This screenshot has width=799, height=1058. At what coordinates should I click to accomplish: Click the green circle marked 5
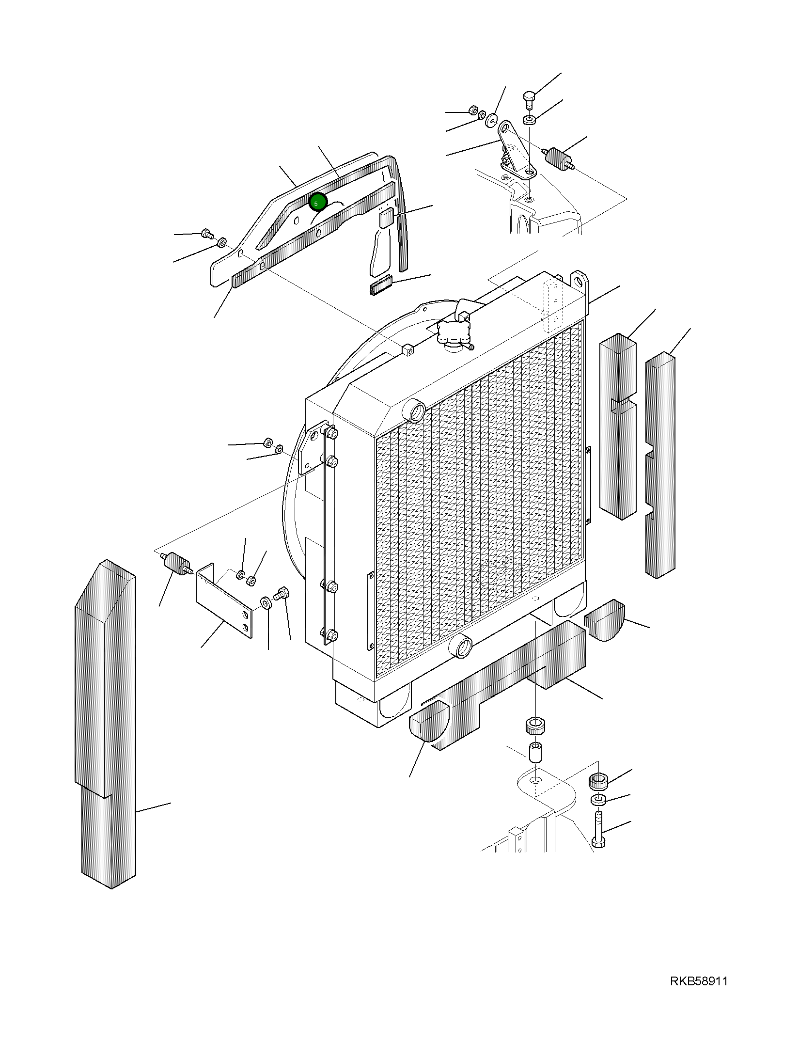click(318, 202)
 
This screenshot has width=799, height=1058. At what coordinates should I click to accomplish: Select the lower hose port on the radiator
click(461, 647)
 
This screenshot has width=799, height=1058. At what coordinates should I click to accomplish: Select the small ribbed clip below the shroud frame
click(380, 286)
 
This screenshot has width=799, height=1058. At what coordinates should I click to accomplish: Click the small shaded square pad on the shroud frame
click(386, 218)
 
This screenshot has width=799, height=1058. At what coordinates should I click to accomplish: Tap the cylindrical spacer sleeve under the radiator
click(535, 751)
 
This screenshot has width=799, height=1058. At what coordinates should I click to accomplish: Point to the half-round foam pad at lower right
click(605, 620)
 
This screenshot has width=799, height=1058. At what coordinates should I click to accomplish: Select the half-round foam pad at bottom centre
click(429, 722)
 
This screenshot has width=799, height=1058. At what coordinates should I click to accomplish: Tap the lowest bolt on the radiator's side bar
click(331, 635)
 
